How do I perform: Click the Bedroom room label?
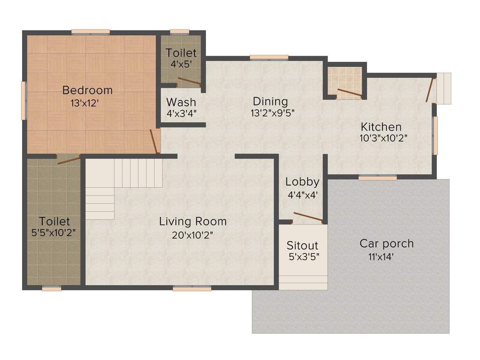[88, 90]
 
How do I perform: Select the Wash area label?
[181, 102]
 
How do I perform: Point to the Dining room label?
[270, 101]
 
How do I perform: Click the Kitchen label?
[381, 127]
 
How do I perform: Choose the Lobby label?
[302, 181]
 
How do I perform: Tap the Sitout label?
[302, 245]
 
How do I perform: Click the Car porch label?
[386, 243]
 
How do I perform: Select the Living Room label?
[193, 221]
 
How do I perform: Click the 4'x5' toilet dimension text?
[181, 65]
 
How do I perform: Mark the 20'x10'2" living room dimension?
[193, 235]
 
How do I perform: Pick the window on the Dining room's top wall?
[269, 58]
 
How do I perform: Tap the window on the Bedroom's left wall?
[23, 100]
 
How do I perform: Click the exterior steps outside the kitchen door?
[443, 88]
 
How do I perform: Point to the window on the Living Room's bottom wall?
[192, 289]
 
